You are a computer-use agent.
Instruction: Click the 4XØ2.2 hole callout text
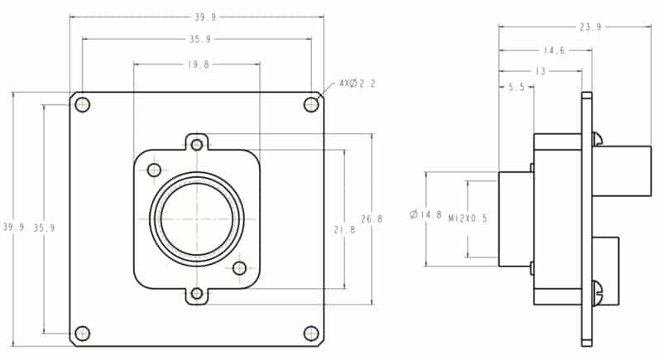[x=357, y=84]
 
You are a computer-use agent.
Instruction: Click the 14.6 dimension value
[x=554, y=50]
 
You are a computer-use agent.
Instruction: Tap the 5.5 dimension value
[x=516, y=87]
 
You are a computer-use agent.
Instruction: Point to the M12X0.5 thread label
[x=468, y=219]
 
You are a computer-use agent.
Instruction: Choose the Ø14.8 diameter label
[x=425, y=215]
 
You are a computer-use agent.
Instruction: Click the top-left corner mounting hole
[x=82, y=104]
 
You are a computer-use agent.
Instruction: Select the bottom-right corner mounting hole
[x=311, y=333]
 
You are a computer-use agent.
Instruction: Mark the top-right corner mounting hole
[x=311, y=104]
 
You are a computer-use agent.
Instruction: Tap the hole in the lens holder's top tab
[x=197, y=145]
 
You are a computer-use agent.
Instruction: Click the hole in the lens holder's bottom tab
[x=197, y=293]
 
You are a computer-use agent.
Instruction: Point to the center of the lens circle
[x=197, y=219]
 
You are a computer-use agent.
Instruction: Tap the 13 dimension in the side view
[x=540, y=72]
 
